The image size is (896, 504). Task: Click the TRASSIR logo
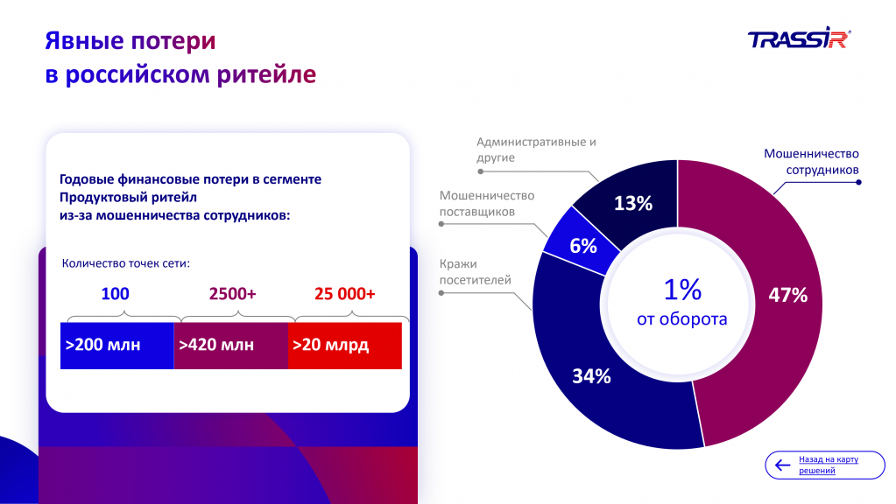click(799, 39)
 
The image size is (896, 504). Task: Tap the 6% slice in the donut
click(582, 246)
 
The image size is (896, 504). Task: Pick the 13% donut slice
click(632, 203)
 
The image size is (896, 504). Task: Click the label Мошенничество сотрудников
click(811, 161)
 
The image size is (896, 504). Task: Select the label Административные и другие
click(536, 150)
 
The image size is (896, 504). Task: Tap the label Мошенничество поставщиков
click(486, 204)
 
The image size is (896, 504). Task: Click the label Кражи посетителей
click(476, 271)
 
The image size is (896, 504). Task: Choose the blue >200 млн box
click(116, 345)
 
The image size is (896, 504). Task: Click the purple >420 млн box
click(231, 345)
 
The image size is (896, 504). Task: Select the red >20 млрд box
click(345, 345)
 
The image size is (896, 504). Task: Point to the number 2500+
click(232, 294)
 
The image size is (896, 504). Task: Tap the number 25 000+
click(344, 294)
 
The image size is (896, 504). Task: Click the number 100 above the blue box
click(116, 294)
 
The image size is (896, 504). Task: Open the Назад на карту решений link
click(828, 465)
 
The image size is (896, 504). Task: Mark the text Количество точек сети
click(126, 262)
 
